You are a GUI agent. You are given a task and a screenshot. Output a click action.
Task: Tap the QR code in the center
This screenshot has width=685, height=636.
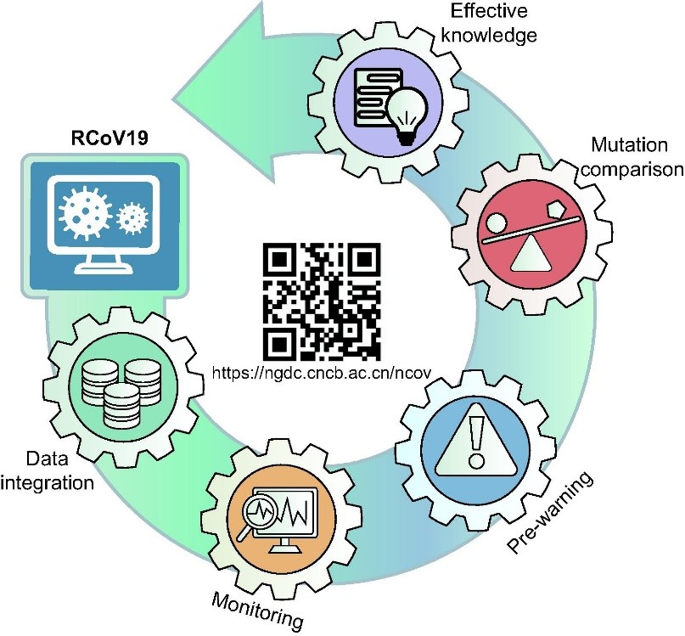click(321, 301)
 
